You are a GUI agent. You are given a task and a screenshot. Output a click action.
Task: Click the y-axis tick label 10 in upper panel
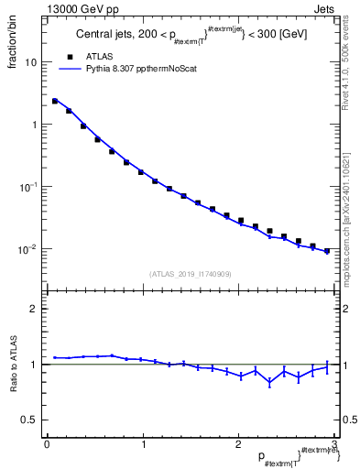pyautogui.click(x=30, y=62)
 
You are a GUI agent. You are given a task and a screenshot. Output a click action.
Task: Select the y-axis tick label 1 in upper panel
pyautogui.click(x=33, y=125)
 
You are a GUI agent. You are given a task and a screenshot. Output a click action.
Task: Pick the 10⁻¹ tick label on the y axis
pyautogui.click(x=28, y=186)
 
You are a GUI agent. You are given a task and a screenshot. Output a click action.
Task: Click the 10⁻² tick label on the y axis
pyautogui.click(x=28, y=248)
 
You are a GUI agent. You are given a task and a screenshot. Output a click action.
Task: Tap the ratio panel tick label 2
pyautogui.click(x=33, y=309)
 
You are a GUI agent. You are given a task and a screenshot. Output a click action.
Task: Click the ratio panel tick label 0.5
pyautogui.click(x=28, y=420)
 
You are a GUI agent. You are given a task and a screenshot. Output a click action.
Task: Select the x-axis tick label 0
pyautogui.click(x=47, y=444)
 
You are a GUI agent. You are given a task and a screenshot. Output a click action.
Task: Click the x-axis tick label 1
pyautogui.click(x=143, y=444)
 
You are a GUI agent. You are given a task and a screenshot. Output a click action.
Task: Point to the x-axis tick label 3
pyautogui.click(x=334, y=444)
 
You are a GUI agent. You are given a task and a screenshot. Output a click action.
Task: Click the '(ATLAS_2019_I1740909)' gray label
pyautogui.click(x=191, y=274)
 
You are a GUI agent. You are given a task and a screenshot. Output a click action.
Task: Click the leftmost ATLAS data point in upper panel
pyautogui.click(x=55, y=101)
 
